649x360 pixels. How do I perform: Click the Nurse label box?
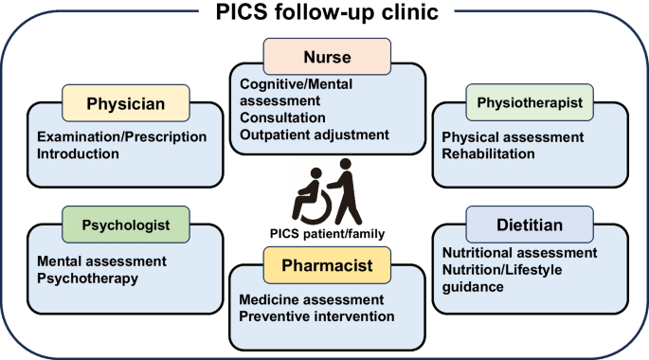click(x=327, y=57)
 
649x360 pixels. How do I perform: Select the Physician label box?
click(x=126, y=103)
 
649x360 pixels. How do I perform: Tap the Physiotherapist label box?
click(x=530, y=102)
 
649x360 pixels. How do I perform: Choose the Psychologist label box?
click(x=126, y=225)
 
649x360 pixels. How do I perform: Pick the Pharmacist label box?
click(x=327, y=265)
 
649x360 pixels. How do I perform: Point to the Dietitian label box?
click(x=530, y=225)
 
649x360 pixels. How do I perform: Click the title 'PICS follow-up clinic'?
click(x=327, y=11)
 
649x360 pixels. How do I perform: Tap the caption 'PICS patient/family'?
click(x=327, y=234)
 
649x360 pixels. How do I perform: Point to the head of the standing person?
click(x=346, y=164)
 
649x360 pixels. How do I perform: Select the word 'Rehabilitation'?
click(x=488, y=153)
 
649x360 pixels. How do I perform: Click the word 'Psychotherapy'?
click(x=87, y=279)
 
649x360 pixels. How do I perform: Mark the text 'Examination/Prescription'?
click(x=121, y=137)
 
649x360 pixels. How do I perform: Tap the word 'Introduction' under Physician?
click(x=78, y=153)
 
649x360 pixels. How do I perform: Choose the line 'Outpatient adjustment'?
click(x=315, y=135)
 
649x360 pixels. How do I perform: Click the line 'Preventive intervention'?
click(x=316, y=316)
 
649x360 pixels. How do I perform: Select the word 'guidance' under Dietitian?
click(x=473, y=287)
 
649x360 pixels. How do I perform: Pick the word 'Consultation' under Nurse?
click(x=282, y=117)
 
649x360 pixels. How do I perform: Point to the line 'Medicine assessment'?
click(x=312, y=299)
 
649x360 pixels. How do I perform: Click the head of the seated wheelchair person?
click(x=316, y=173)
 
